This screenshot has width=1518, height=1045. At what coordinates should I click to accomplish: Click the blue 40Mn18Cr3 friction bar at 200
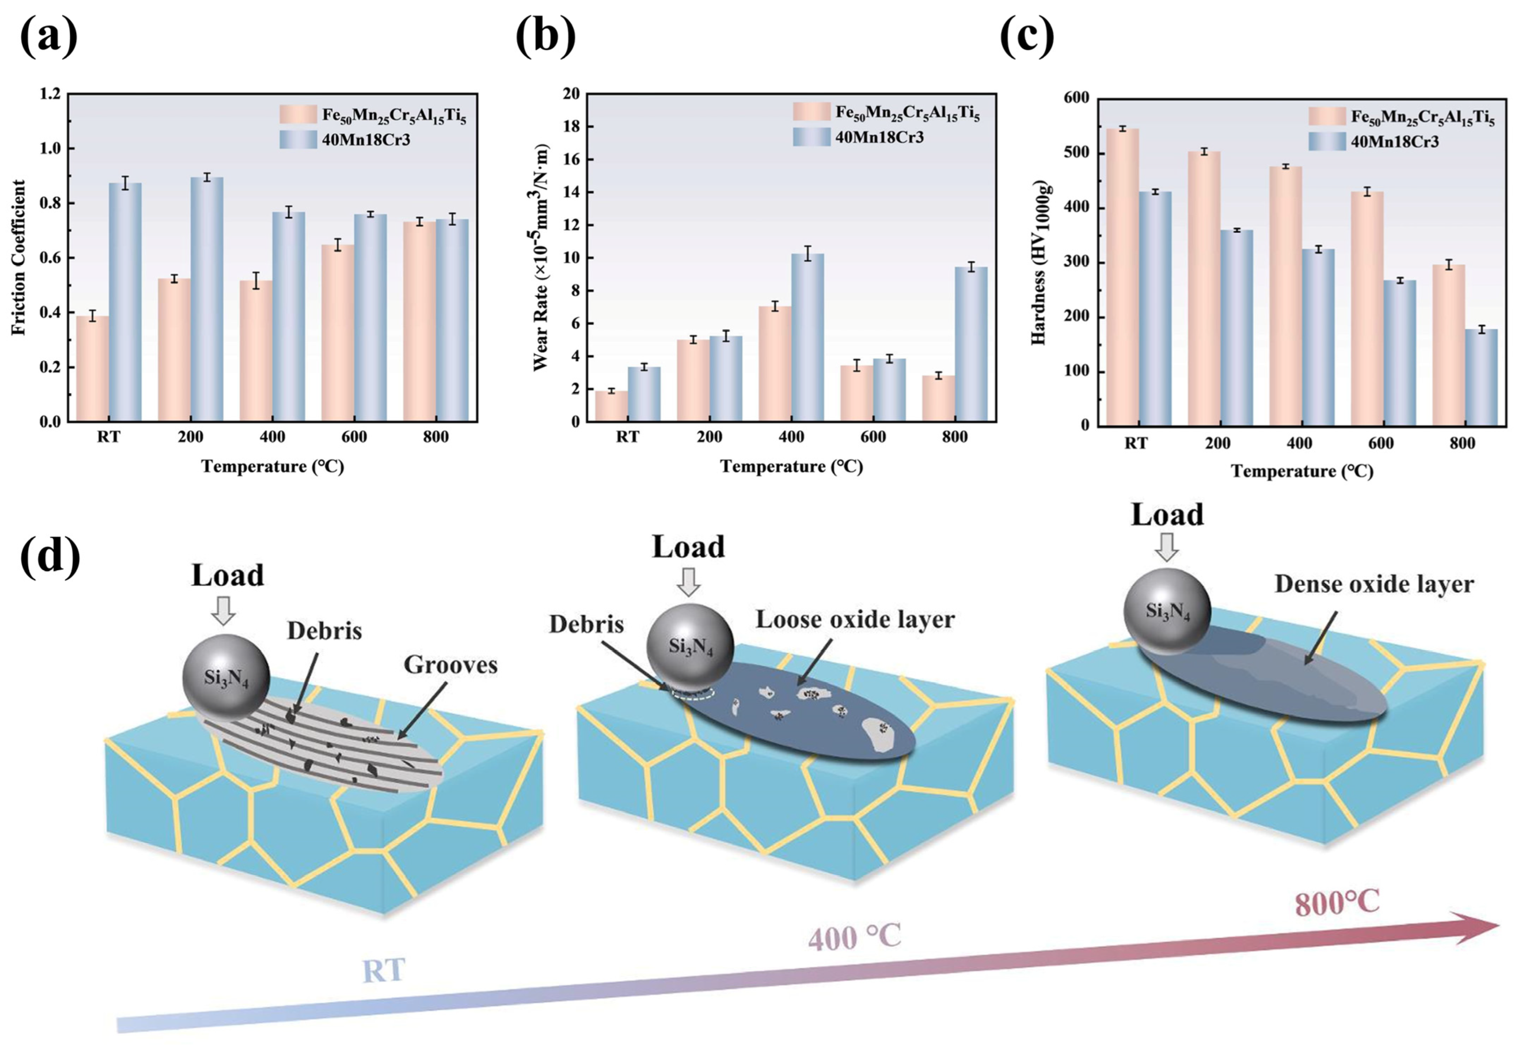207,298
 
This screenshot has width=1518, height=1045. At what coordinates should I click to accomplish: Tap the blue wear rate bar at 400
808,337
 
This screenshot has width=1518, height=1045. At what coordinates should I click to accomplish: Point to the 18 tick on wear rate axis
570,126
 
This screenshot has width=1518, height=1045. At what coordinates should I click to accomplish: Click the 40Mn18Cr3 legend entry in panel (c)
1394,141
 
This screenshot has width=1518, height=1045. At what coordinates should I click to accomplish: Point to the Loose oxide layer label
854,620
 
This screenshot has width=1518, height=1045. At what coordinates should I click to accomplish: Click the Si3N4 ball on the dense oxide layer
1167,611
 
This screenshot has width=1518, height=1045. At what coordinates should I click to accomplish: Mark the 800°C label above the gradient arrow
1337,902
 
